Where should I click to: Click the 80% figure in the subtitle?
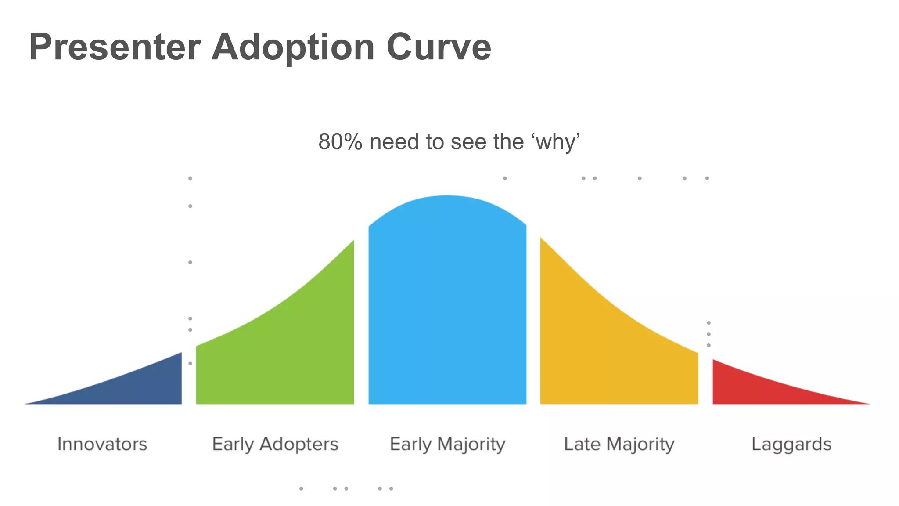point(340,142)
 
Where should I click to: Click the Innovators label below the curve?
point(102,444)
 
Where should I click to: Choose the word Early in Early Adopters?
point(233,444)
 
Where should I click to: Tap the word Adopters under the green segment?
point(299,444)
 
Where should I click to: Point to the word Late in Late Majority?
point(582,444)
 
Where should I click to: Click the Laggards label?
point(791,444)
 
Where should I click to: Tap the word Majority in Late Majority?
point(640,444)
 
